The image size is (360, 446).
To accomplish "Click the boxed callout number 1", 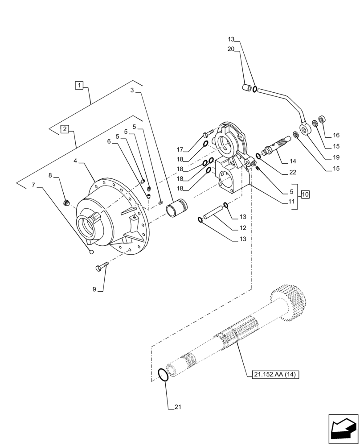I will point(79,85).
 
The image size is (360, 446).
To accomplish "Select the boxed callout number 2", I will point(65,129).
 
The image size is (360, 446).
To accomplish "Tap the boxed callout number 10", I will point(305,194).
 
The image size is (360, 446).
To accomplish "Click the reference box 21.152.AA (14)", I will point(272,375).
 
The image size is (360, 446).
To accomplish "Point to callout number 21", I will point(177,407).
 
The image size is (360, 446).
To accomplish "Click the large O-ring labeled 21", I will point(164,375).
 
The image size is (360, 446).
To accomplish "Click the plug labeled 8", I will point(68,203).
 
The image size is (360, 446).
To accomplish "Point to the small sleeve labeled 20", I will point(246,87).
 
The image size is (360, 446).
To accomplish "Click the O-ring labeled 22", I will point(258,156).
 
